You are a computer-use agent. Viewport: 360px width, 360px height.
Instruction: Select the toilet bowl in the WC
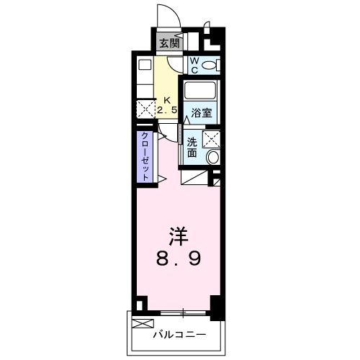pyautogui.click(x=210, y=66)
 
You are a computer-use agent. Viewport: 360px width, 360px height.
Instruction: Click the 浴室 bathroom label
pyautogui.click(x=201, y=112)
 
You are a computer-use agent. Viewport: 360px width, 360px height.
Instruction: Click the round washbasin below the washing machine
pyautogui.click(x=213, y=157)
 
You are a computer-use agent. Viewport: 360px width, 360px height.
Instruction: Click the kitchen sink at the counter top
pyautogui.click(x=145, y=63)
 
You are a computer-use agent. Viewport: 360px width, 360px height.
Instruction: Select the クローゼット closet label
pyautogui.click(x=145, y=156)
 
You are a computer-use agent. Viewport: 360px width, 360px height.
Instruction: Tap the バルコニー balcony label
pyautogui.click(x=179, y=334)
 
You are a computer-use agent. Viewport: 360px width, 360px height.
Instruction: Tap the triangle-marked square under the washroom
pyautogui.click(x=194, y=176)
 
